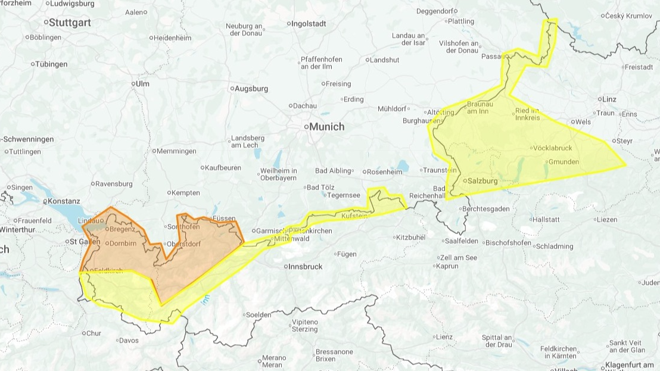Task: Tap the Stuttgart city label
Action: click(x=70, y=23)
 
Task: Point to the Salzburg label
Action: click(x=482, y=180)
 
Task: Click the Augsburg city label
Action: click(x=252, y=89)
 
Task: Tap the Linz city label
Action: click(x=609, y=99)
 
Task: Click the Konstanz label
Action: click(x=64, y=201)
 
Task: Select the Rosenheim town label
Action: click(x=385, y=172)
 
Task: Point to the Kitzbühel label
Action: click(x=411, y=237)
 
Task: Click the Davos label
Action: click(x=128, y=341)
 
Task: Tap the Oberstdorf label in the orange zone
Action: click(x=184, y=244)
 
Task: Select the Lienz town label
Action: click(x=444, y=337)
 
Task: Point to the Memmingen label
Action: click(x=176, y=151)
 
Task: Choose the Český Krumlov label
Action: click(x=630, y=16)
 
